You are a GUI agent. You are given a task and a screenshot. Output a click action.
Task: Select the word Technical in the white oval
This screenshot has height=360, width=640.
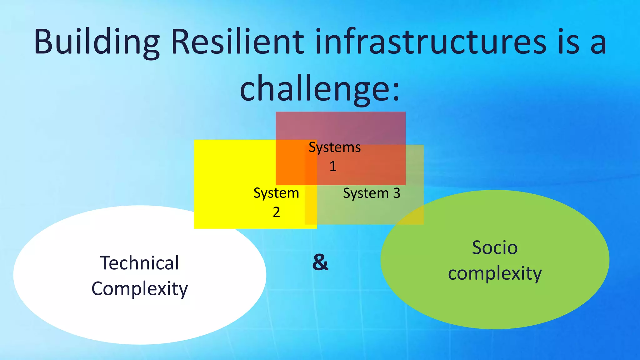pos(139,263)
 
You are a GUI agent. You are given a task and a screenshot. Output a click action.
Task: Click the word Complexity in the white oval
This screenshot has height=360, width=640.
pos(139,289)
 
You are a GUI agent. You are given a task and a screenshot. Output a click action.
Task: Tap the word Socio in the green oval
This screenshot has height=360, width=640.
pos(495,247)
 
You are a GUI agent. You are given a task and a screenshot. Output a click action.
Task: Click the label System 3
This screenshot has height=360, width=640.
pos(371,193)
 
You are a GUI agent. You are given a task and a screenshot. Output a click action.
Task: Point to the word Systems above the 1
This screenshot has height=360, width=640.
pos(334,147)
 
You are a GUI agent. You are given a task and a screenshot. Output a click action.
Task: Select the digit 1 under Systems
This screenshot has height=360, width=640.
pos(333,166)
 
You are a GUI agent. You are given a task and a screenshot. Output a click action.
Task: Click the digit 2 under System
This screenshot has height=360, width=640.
pos(276,212)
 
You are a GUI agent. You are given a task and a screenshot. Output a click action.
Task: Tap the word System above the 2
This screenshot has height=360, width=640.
pos(276,193)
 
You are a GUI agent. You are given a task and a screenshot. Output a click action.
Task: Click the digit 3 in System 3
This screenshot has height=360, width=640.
pos(397,193)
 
